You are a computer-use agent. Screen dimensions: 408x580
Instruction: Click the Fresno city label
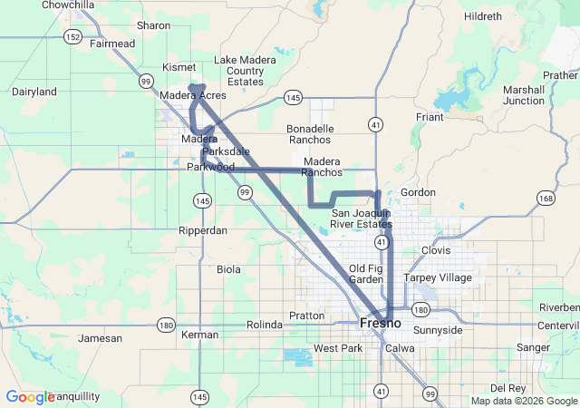tap(380, 323)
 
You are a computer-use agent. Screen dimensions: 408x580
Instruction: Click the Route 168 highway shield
tap(545, 199)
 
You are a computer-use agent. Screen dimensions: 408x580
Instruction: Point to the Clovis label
tap(435, 250)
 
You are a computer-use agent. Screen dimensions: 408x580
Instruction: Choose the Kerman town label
tap(199, 335)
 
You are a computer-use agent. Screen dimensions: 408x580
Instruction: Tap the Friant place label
tap(429, 118)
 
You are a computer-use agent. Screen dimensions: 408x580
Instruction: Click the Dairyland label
tap(34, 92)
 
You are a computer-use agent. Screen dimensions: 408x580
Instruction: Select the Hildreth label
tap(482, 16)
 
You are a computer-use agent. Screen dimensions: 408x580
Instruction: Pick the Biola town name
tap(229, 269)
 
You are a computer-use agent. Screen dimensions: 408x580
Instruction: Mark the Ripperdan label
tap(203, 231)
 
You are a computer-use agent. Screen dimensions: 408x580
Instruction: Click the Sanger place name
tap(532, 347)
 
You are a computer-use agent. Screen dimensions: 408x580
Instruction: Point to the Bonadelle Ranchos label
tap(310, 134)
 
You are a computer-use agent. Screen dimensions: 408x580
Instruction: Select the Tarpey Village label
tap(438, 277)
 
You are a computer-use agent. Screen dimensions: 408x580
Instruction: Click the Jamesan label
tap(100, 338)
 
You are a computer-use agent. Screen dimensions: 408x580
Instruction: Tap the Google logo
tap(30, 397)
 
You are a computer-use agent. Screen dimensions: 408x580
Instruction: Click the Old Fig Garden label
tap(366, 275)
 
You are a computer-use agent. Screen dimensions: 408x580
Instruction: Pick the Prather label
tap(561, 75)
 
